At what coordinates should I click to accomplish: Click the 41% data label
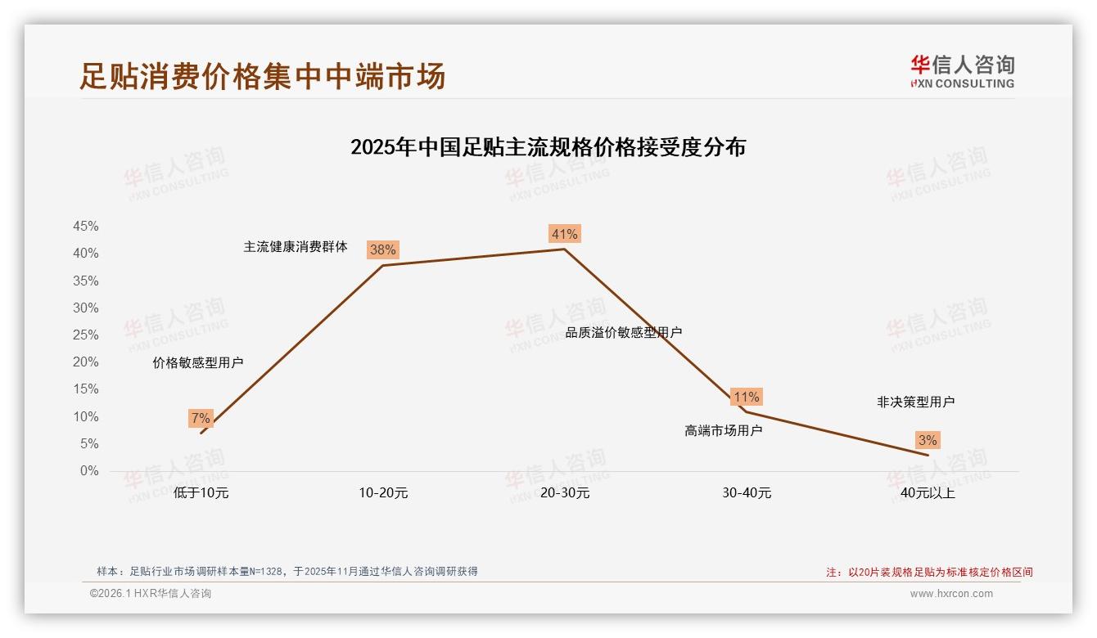[x=565, y=235]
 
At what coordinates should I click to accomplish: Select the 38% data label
[x=382, y=250]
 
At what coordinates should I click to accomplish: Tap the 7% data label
[x=201, y=419]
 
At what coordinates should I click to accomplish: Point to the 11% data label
[x=746, y=398]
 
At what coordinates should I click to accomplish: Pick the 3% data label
[x=928, y=441]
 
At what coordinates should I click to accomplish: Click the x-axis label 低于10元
[x=201, y=493]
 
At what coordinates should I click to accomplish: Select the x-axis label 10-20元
[x=383, y=493]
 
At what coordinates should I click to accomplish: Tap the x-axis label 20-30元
[x=565, y=493]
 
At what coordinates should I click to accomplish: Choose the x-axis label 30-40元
[x=747, y=493]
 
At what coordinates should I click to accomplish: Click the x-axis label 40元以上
[x=928, y=493]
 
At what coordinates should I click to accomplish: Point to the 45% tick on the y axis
[x=86, y=227]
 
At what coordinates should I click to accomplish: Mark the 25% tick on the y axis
[x=86, y=335]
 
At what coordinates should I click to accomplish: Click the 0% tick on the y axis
[x=89, y=471]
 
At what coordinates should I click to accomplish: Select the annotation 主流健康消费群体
[x=296, y=247]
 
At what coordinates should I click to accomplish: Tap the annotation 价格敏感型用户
[x=198, y=363]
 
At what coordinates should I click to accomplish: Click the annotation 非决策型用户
[x=915, y=402]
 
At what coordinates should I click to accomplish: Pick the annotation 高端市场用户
[x=724, y=431]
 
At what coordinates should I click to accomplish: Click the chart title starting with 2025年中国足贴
[x=548, y=148]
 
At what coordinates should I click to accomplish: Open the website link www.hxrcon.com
[x=951, y=594]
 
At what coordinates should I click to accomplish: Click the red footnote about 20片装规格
[x=929, y=573]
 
